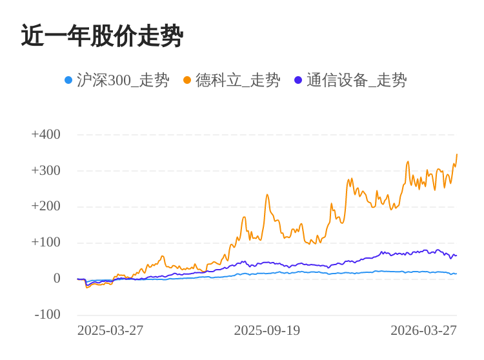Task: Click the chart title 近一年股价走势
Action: (x=102, y=36)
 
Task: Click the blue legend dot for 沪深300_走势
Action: (x=68, y=80)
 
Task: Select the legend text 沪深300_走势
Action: (x=123, y=80)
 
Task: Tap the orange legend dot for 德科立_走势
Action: (x=187, y=80)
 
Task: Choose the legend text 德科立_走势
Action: (x=237, y=80)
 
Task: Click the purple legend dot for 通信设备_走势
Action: (x=298, y=80)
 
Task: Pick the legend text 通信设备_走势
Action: (x=356, y=80)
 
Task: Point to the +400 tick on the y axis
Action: (x=46, y=134)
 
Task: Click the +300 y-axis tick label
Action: (x=46, y=170)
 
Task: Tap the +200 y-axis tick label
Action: (x=46, y=206)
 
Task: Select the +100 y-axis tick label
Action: (x=46, y=243)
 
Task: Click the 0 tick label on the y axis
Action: (x=57, y=279)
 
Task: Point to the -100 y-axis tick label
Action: (x=48, y=315)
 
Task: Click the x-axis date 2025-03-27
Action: (x=110, y=330)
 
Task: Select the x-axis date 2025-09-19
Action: (x=267, y=330)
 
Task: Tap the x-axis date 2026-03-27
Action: (x=423, y=330)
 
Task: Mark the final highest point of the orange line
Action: (x=457, y=155)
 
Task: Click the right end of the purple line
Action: (x=456, y=255)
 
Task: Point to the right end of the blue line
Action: (x=456, y=274)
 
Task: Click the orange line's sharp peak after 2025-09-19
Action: (x=267, y=195)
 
